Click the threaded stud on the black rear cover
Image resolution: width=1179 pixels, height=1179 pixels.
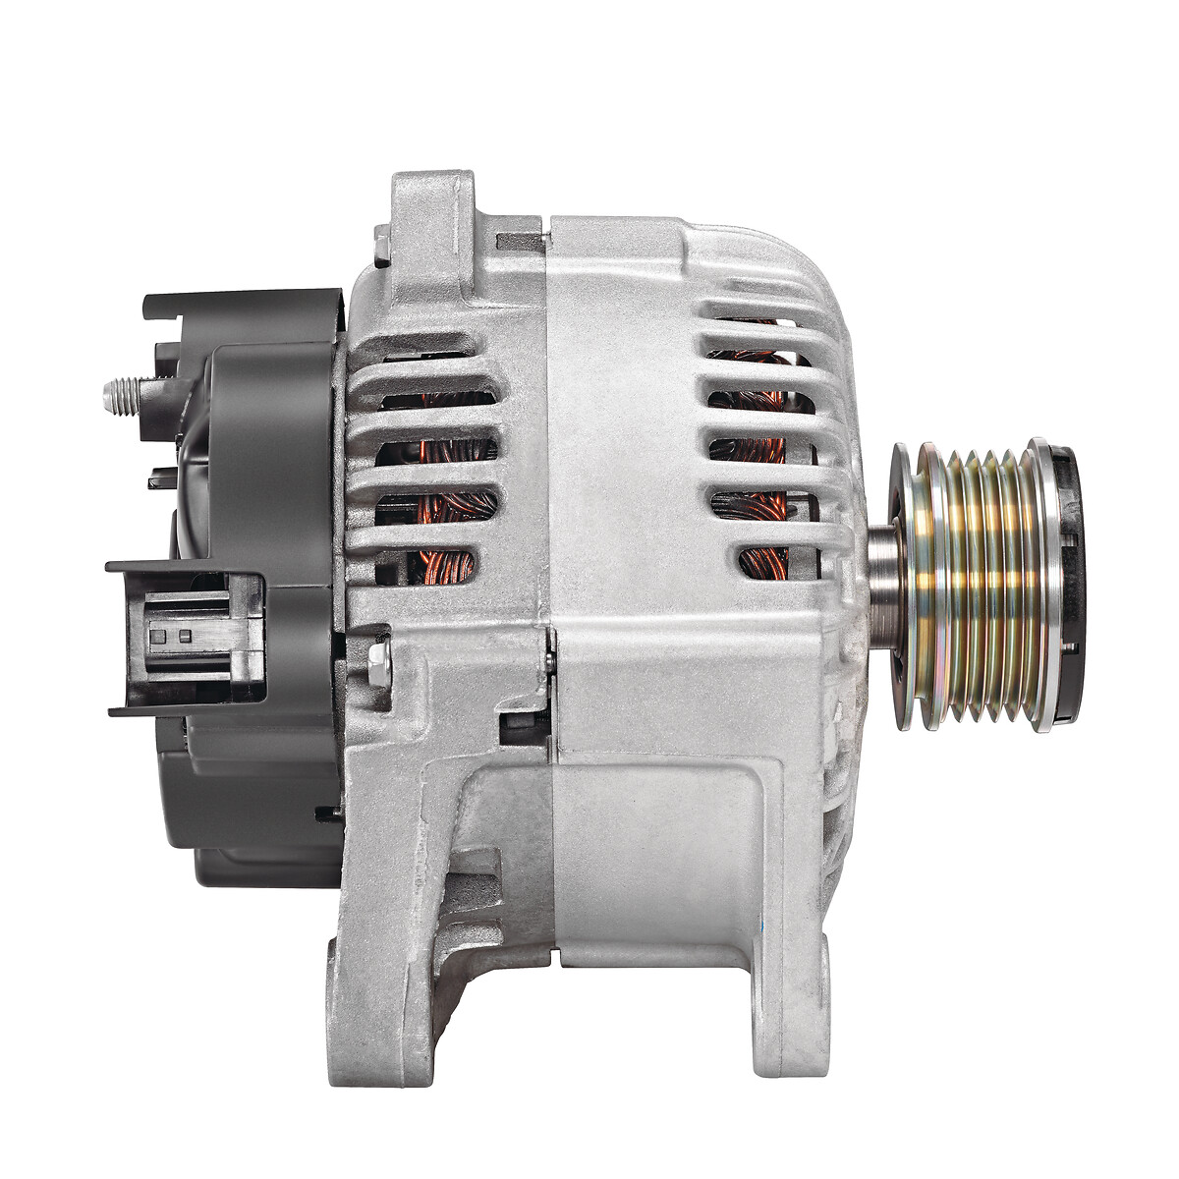click(x=122, y=395)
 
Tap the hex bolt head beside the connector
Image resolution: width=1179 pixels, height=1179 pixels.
click(x=377, y=664)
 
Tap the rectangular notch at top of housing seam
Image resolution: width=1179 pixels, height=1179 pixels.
click(x=520, y=240)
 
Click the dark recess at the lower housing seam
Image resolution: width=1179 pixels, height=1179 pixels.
click(x=521, y=727)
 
